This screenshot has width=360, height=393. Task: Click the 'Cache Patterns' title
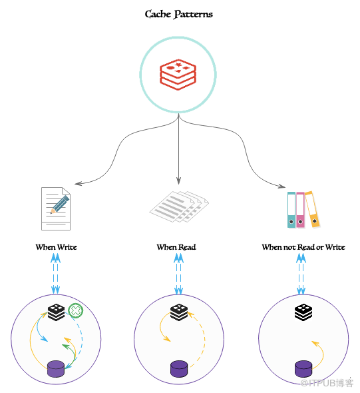coord(179,14)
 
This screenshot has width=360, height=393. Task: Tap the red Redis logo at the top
coord(178,75)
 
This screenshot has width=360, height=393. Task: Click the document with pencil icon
coord(56,208)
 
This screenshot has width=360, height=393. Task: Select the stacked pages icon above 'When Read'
coord(179,206)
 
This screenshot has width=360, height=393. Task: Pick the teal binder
coord(291,210)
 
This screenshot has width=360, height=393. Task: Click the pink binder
coord(300,210)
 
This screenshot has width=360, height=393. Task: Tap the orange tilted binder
coord(312,209)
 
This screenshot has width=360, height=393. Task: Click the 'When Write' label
coord(56,247)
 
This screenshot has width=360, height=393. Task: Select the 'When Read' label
coord(176,247)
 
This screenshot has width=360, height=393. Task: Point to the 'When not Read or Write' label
coord(303,247)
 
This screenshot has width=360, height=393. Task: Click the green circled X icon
coord(76,311)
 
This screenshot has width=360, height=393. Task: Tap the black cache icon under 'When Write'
coord(56,312)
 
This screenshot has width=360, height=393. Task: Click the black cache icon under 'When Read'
coord(179,312)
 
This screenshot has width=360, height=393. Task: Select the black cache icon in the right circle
coord(303,312)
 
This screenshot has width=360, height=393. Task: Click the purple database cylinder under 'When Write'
coord(56,369)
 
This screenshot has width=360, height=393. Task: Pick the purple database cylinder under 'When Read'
coord(179,369)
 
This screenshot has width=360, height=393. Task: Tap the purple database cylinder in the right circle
coord(303,369)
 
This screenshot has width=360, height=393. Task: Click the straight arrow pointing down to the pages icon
coord(178,149)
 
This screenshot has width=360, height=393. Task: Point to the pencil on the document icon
coord(60,204)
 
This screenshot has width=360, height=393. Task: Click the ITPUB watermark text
coord(327,383)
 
